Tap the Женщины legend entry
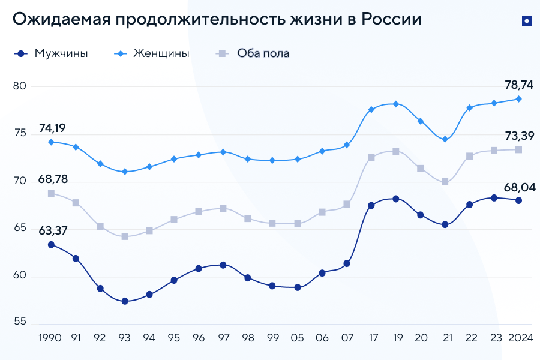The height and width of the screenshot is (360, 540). point(161,53)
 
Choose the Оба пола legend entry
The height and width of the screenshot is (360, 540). point(263,53)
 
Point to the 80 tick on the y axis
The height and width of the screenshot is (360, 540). point(20,86)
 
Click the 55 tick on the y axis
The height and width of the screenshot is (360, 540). point(20,323)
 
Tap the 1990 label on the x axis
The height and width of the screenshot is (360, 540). point(50,338)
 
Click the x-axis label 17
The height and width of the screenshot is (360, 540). point(371,338)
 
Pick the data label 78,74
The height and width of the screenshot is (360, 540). point(519,85)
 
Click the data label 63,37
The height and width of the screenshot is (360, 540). point(53,229)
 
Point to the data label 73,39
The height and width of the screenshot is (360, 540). point(519,136)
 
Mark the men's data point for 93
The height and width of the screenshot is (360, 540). point(125,301)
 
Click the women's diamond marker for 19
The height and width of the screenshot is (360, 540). point(396,104)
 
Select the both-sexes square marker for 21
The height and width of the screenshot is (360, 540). point(445,182)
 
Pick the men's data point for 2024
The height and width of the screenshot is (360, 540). point(518,200)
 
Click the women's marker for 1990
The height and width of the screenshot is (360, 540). point(51,142)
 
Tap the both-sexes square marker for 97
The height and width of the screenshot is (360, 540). point(223,209)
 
